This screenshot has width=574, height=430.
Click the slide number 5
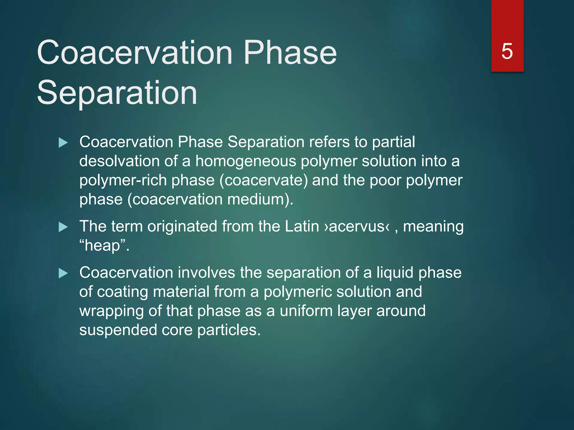[x=507, y=52]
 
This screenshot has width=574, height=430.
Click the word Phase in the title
[x=290, y=53]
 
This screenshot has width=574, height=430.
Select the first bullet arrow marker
[x=63, y=143]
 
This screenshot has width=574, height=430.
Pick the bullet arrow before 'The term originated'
[x=63, y=227]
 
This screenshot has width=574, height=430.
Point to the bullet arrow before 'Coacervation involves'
[x=63, y=274]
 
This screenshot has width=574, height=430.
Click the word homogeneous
[x=246, y=162]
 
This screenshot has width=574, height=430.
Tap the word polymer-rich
[x=123, y=181]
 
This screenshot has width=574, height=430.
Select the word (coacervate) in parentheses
[x=264, y=181]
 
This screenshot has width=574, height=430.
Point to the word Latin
[x=302, y=226]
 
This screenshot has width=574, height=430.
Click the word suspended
[x=118, y=330]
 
